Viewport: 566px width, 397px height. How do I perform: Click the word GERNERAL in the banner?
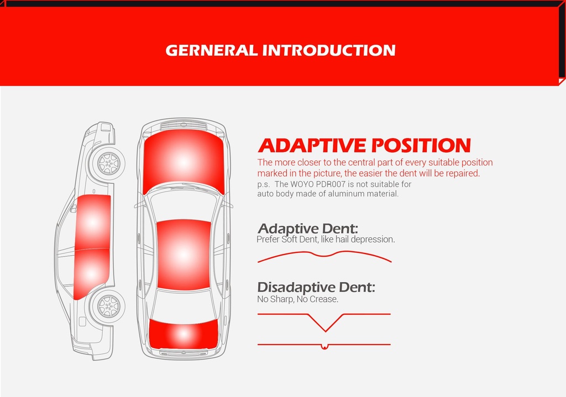coord(212,50)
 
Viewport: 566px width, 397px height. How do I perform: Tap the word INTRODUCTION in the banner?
coord(329,50)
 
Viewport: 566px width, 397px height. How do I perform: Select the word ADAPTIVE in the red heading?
coord(312,145)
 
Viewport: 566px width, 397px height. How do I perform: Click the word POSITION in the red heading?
coord(421,145)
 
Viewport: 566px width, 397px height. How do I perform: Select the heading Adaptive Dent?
coord(308,229)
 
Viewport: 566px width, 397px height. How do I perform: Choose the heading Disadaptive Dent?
coord(316,287)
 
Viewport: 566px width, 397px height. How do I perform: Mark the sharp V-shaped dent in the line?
coord(325,322)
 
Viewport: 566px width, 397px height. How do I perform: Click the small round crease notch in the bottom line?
coord(324,347)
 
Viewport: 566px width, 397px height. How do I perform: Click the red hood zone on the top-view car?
coord(184,162)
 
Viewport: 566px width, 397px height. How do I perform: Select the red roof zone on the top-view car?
coord(184,255)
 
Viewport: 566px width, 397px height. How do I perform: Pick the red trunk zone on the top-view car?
coord(184,334)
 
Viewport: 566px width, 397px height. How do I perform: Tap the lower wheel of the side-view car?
coord(108,306)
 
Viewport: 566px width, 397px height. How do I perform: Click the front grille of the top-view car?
coord(184,126)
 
